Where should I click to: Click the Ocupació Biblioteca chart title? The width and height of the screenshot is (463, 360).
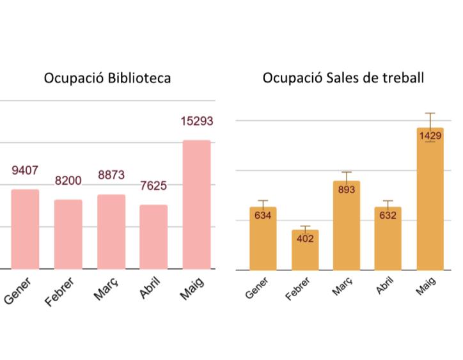point(107,79)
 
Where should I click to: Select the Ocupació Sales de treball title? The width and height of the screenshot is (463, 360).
point(343,78)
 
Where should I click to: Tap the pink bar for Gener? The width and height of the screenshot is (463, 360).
point(25,229)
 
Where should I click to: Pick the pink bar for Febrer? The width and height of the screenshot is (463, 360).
point(68,234)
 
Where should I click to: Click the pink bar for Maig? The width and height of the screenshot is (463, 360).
point(196,205)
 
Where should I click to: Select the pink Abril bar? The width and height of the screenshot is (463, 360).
point(153,237)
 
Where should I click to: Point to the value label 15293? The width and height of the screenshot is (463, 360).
point(196,121)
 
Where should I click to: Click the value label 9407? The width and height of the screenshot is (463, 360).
point(25,171)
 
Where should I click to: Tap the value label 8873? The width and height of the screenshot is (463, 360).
point(111,175)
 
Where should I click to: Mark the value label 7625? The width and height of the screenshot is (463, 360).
point(153,186)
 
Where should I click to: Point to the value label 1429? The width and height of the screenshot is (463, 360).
point(430,136)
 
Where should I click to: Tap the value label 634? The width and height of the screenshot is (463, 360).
point(263,215)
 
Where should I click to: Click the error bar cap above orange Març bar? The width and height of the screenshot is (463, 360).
point(347,172)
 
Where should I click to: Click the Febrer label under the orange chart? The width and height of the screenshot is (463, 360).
point(298,288)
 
